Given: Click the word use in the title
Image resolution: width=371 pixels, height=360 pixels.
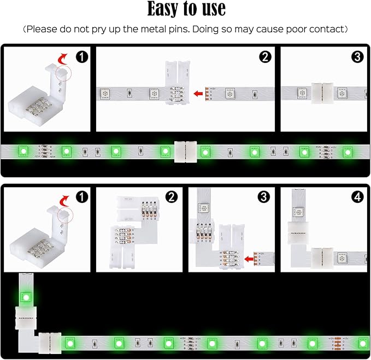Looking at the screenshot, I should pyautogui.click(x=211, y=10).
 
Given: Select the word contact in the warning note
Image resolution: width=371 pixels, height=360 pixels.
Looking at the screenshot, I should pyautogui.click(x=326, y=28).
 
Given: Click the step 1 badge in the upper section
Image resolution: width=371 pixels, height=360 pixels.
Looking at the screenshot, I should pyautogui.click(x=81, y=56).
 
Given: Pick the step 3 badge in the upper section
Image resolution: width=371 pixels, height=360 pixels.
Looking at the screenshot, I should pyautogui.click(x=357, y=56).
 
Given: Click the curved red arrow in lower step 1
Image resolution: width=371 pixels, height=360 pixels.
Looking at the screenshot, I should pyautogui.click(x=64, y=198).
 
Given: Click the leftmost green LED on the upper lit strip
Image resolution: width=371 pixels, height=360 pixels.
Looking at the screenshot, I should pyautogui.click(x=23, y=150).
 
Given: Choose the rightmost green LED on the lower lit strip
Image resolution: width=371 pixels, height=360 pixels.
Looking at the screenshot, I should pyautogui.click(x=363, y=343).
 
